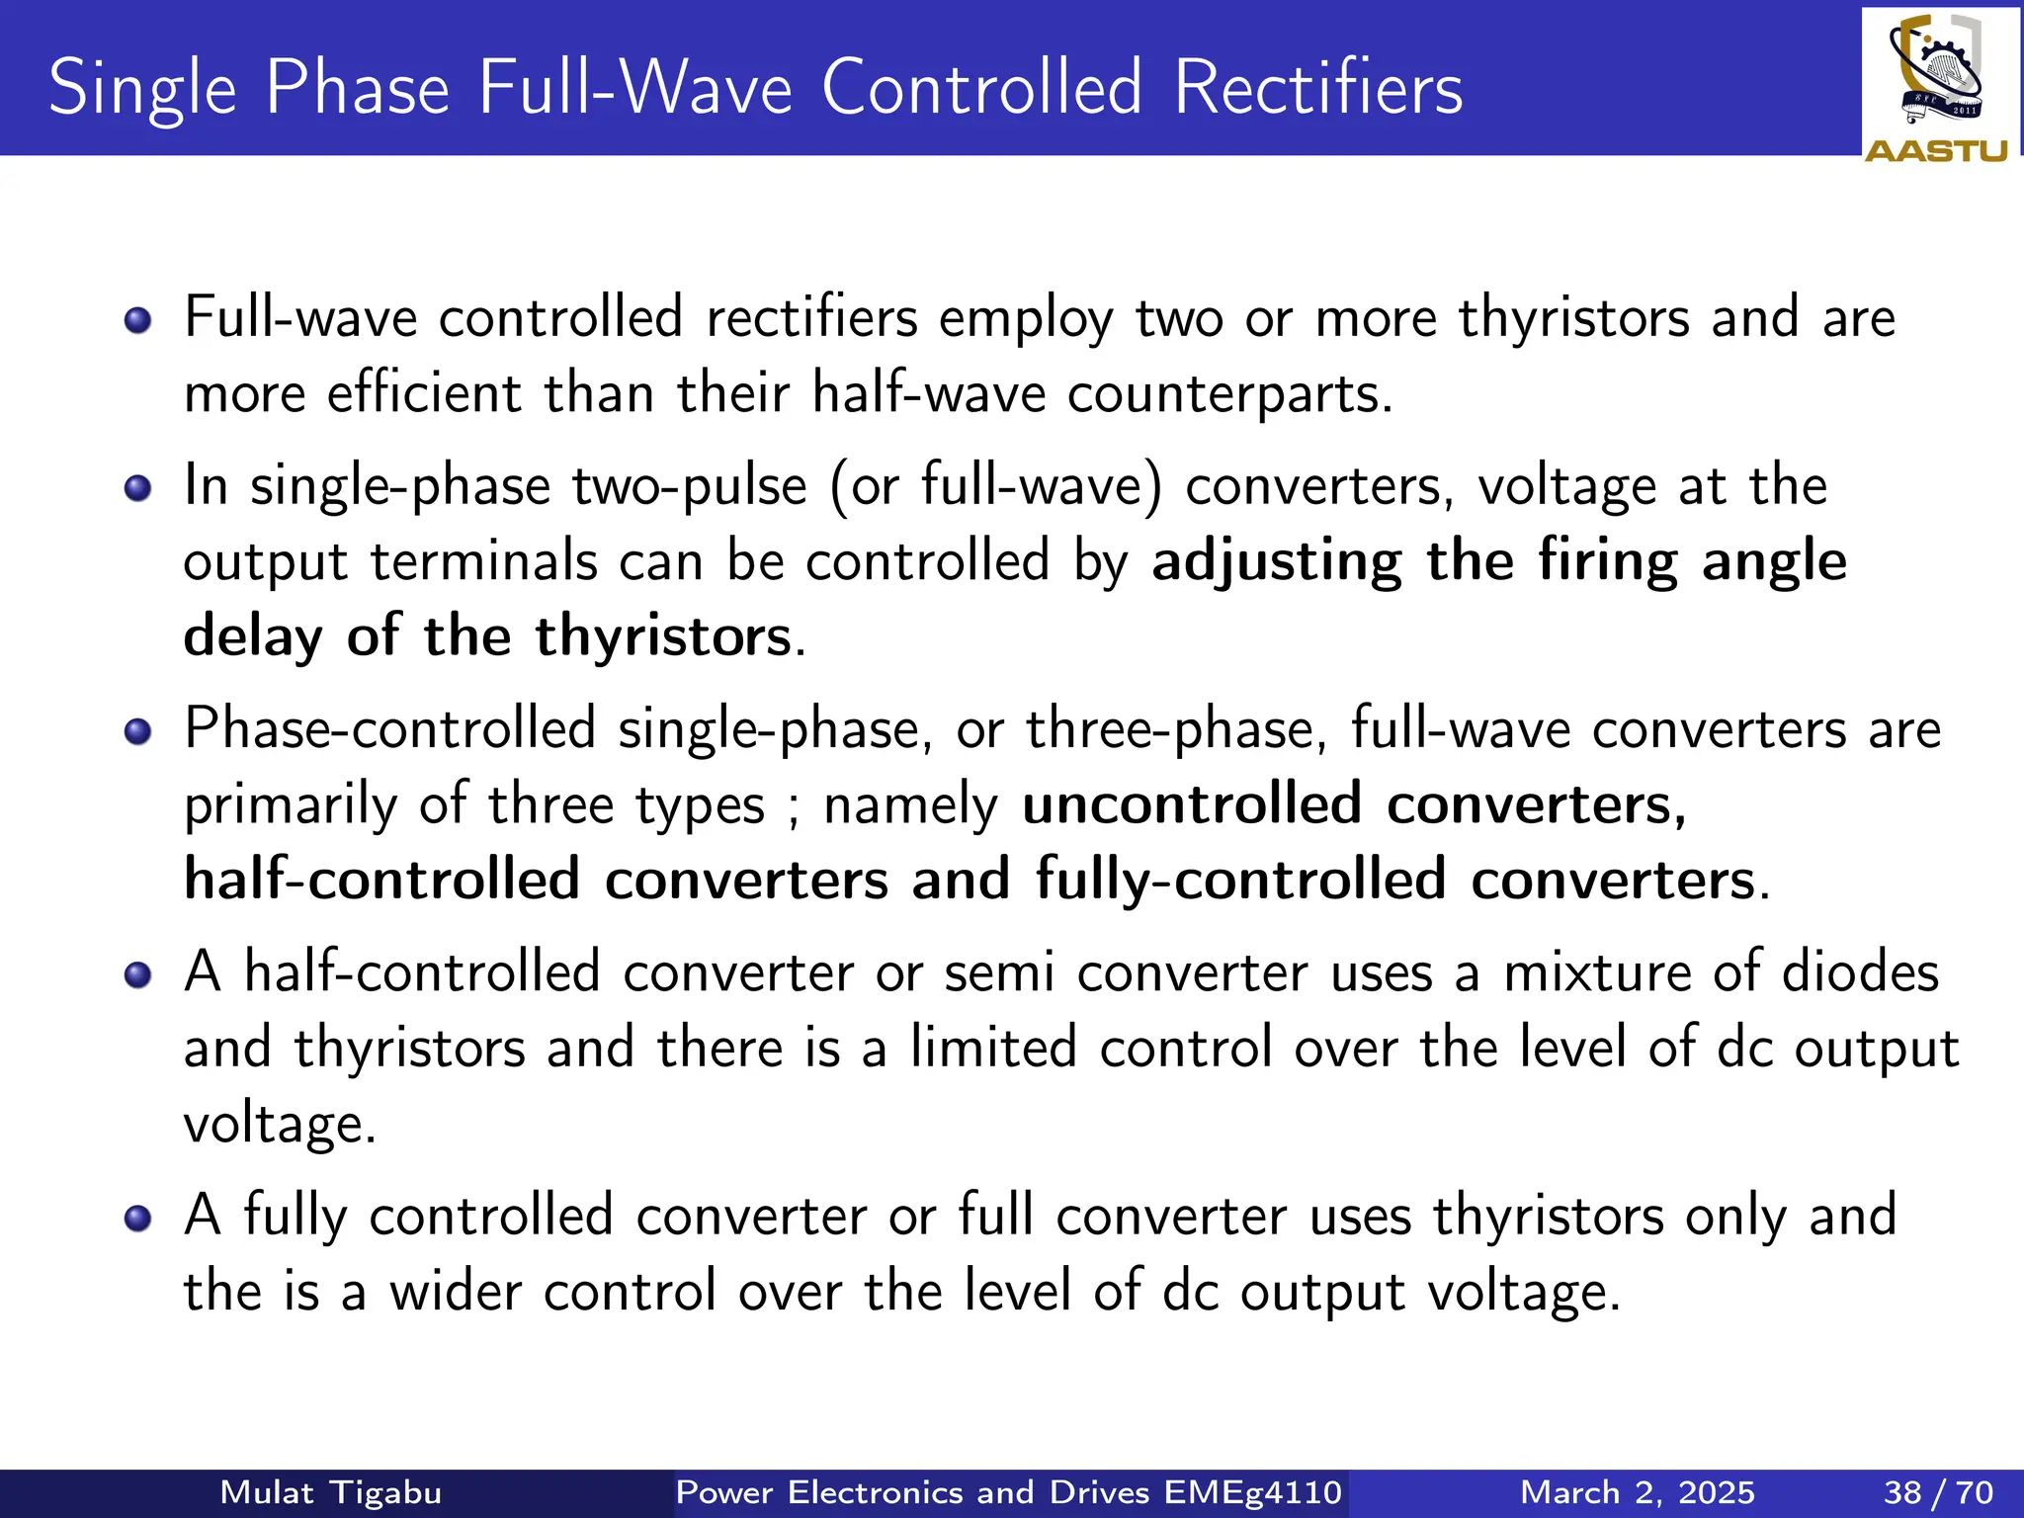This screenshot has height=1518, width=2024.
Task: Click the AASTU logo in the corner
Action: pos(1938,87)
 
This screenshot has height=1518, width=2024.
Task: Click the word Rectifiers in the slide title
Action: pos(1318,89)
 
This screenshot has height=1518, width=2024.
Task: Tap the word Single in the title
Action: pos(142,89)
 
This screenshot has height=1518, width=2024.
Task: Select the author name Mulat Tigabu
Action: pos(330,1492)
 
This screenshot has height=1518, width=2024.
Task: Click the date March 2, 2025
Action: pos(1638,1492)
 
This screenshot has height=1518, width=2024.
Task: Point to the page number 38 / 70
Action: pos(1938,1492)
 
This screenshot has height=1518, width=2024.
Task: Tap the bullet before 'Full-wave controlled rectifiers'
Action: pos(138,320)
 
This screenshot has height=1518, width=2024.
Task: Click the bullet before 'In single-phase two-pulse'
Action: pos(138,488)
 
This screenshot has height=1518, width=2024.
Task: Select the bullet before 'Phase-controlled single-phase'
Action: pos(138,731)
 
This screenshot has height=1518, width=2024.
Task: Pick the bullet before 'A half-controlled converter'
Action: pos(138,975)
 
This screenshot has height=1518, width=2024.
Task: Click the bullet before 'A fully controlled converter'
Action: pos(138,1219)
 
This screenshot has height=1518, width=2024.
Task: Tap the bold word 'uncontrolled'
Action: pos(1192,804)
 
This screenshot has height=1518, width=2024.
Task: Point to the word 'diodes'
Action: pos(1860,972)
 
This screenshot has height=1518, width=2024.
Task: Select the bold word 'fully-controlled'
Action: pos(1240,880)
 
